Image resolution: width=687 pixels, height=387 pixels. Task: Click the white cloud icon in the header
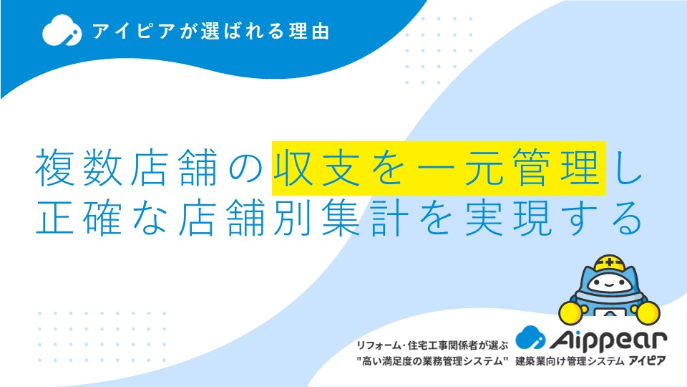point(62,30)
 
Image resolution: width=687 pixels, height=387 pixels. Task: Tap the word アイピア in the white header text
point(133,31)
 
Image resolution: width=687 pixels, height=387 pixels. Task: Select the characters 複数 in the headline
point(79,168)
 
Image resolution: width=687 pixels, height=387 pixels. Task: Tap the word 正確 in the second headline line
point(79,218)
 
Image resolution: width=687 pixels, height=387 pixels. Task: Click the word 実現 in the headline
point(508,218)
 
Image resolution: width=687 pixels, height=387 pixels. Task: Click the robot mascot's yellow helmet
point(609,264)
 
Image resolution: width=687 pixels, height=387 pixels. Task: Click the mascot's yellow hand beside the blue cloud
point(570,312)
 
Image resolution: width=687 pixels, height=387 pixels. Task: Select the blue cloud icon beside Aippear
point(530,338)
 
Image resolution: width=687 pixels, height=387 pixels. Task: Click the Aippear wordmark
point(608,340)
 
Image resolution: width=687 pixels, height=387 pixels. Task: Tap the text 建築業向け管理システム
point(569,361)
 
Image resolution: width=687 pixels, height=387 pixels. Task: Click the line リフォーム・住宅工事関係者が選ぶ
point(432,345)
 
